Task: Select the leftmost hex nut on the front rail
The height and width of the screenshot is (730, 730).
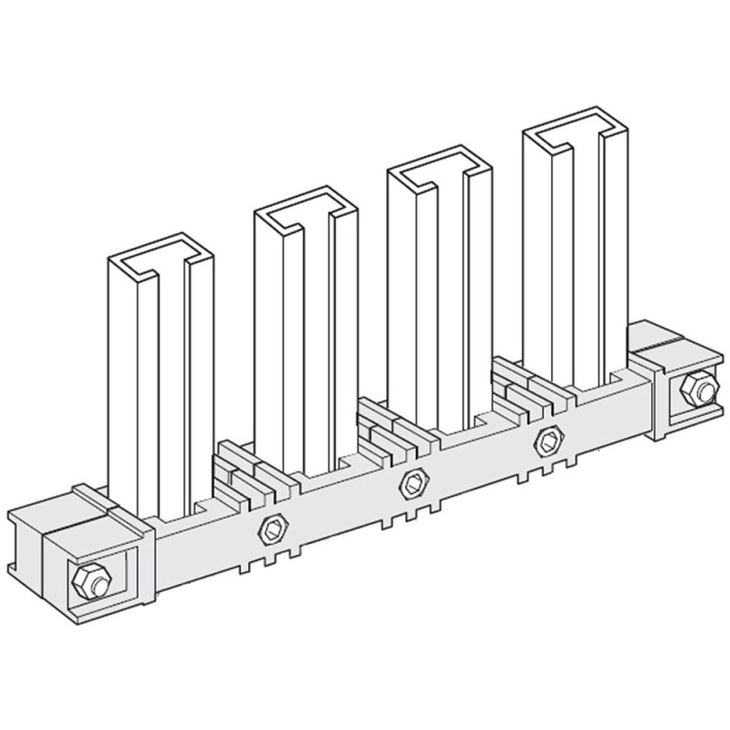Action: pyautogui.click(x=271, y=527)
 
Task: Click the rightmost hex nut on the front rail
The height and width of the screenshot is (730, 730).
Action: pyautogui.click(x=548, y=440)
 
